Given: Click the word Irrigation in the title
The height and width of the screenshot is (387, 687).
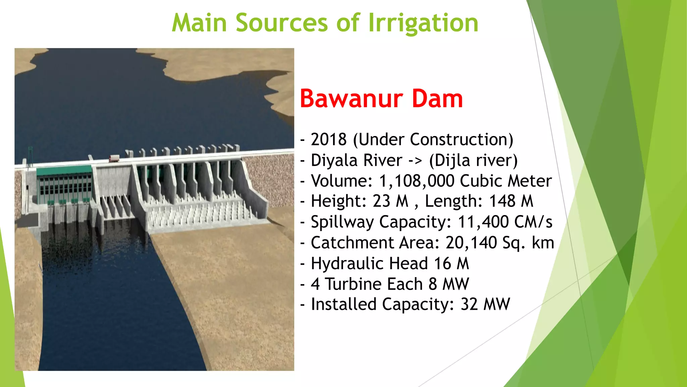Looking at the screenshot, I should tap(423, 23).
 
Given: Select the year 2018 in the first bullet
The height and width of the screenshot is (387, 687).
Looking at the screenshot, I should tap(328, 139).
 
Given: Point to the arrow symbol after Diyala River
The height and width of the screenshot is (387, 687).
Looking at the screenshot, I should tap(415, 161).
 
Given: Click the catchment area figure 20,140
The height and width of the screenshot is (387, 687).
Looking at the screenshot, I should tap(471, 243).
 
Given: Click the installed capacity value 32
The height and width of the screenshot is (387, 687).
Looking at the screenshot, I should tap(469, 305).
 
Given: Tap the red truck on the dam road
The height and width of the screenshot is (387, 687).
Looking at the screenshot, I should tap(114, 158).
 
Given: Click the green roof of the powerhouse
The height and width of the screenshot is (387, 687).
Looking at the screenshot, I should tap(64, 170).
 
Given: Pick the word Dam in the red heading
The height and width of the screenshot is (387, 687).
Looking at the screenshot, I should tap(437, 99).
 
